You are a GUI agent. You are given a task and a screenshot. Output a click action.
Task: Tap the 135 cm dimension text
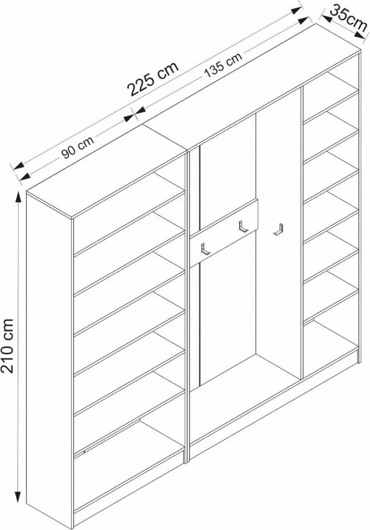[x=223, y=66]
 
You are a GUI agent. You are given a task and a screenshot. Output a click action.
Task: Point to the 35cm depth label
[x=348, y=18]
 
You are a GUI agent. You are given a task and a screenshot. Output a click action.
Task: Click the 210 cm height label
[x=7, y=345]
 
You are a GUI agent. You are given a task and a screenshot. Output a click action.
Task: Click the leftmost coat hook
[x=205, y=248]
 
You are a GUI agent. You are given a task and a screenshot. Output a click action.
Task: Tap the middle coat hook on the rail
[x=243, y=227]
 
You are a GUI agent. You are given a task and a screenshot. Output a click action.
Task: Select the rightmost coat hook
[x=278, y=229]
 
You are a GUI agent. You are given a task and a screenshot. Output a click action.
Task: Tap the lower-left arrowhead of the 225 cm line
[x=18, y=166]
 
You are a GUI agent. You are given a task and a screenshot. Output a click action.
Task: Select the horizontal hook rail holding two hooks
[x=224, y=233]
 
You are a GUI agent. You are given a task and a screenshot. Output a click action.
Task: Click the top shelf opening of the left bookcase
[x=129, y=213]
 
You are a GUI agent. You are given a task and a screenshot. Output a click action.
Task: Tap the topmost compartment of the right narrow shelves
[x=330, y=95]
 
